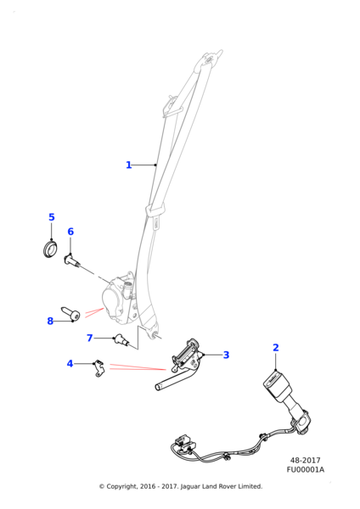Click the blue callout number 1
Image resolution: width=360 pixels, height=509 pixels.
pyautogui.click(x=129, y=165)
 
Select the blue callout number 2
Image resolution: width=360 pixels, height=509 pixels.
pyautogui.click(x=276, y=347)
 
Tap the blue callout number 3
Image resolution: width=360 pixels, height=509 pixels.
pyautogui.click(x=226, y=355)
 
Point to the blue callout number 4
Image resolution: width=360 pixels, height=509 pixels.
pyautogui.click(x=70, y=364)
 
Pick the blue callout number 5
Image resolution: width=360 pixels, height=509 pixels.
pyautogui.click(x=52, y=217)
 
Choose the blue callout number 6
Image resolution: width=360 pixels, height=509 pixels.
pyautogui.click(x=70, y=232)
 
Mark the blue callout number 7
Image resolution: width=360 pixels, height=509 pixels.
pyautogui.click(x=90, y=338)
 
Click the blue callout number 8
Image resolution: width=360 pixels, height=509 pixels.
pyautogui.click(x=50, y=321)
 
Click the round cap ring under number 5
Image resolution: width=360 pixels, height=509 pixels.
pyautogui.click(x=49, y=249)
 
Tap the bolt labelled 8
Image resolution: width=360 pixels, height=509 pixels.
pyautogui.click(x=70, y=313)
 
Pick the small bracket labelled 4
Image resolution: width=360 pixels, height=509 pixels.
pyautogui.click(x=98, y=368)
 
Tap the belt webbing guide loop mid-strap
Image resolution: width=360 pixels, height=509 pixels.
pyautogui.click(x=156, y=210)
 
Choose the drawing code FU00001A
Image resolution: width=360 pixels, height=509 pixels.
pyautogui.click(x=305, y=469)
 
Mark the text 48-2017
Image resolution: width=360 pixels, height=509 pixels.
pyautogui.click(x=305, y=461)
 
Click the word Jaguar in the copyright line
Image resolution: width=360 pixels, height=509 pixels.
pyautogui.click(x=190, y=486)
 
